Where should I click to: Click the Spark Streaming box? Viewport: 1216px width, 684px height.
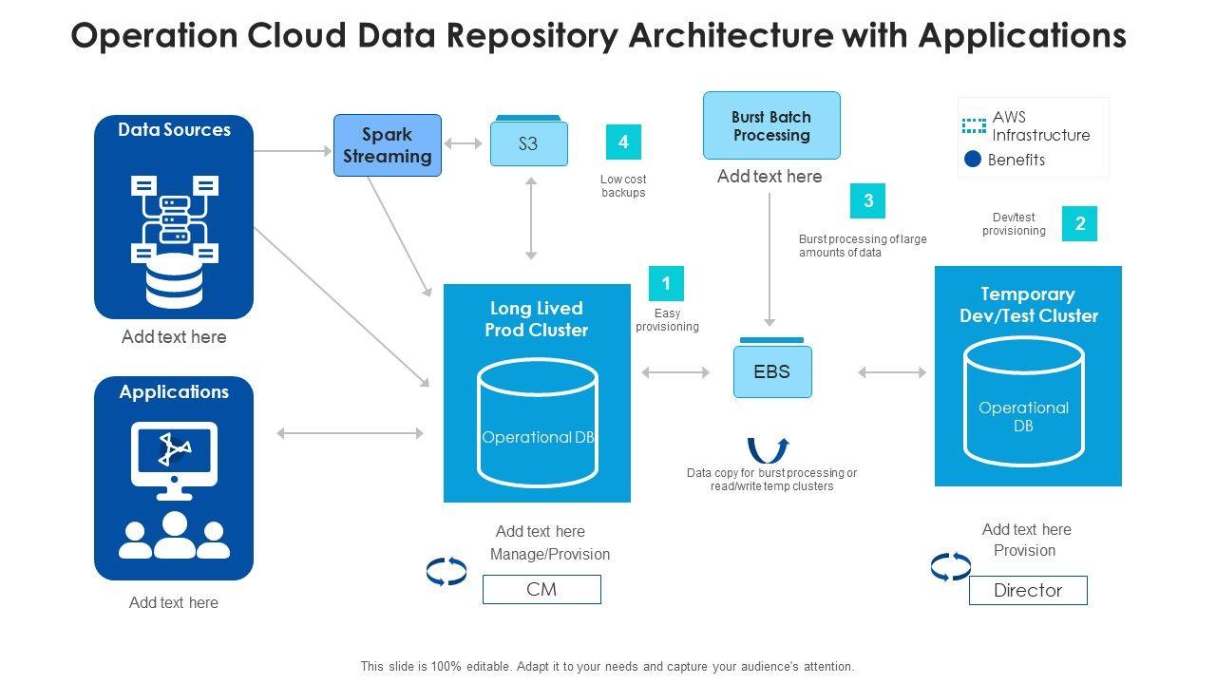coord(388,145)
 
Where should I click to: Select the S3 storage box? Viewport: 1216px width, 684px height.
coord(529,143)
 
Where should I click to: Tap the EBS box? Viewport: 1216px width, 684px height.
coord(772,371)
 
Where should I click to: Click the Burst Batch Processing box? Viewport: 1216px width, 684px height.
coord(771,125)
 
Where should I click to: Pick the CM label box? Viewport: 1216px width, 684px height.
coord(541,589)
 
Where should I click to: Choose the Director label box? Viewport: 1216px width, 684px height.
coord(1028,590)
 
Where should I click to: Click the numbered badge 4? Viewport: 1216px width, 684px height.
coord(623,142)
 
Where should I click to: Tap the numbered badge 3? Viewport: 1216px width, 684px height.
coord(867,201)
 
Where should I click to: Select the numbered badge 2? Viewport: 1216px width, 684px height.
coord(1079,224)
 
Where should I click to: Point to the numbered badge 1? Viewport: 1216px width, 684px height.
coord(666,283)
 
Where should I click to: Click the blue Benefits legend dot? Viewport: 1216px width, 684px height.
coord(973,160)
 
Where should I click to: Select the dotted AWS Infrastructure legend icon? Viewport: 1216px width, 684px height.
coord(974,125)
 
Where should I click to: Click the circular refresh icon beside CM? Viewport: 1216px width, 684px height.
coord(446,571)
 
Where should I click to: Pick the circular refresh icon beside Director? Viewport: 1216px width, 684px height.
coord(951,567)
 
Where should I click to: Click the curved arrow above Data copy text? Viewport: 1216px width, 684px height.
coord(768,449)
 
